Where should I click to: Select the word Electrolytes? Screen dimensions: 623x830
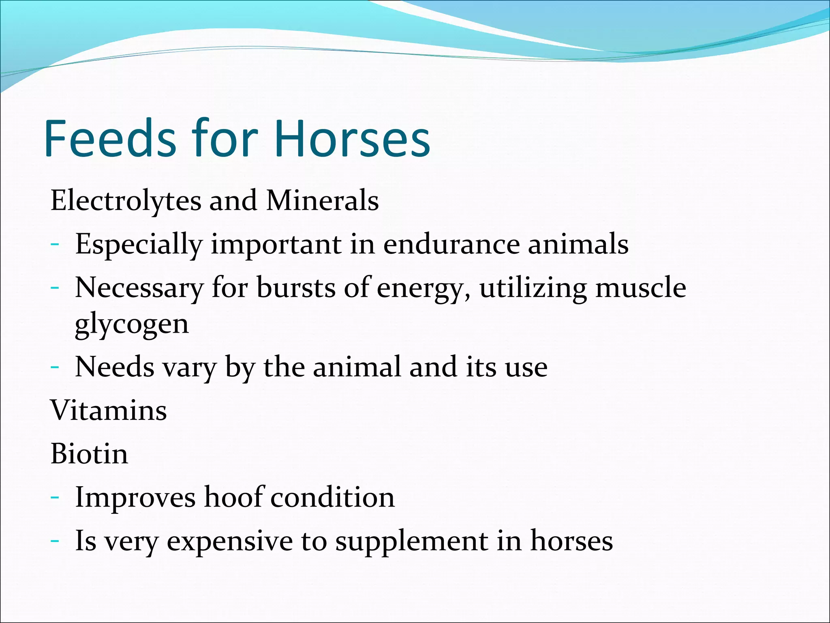tap(126, 201)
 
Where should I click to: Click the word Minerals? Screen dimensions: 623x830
tap(322, 201)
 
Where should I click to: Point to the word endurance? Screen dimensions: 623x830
tap(451, 245)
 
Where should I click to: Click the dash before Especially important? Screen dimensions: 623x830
tap(55, 245)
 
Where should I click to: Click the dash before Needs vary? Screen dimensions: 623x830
tap(55, 367)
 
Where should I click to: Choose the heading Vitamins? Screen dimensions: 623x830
tap(108, 410)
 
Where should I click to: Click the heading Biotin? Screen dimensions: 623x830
tap(89, 454)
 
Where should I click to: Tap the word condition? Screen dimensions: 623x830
tap(332, 497)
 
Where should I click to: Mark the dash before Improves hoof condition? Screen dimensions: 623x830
tap(55, 498)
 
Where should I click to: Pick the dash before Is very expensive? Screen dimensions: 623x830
tap(55, 541)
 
